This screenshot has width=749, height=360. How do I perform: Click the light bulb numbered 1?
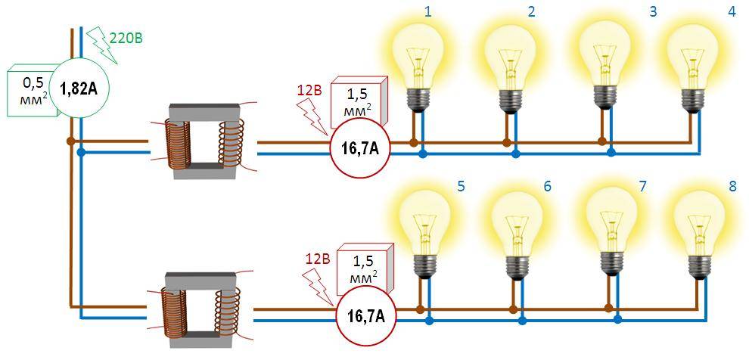[418, 57]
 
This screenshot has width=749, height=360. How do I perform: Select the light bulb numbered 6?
[519, 224]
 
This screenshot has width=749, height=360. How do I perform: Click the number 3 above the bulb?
[652, 11]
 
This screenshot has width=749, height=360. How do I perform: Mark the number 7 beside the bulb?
[642, 185]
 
